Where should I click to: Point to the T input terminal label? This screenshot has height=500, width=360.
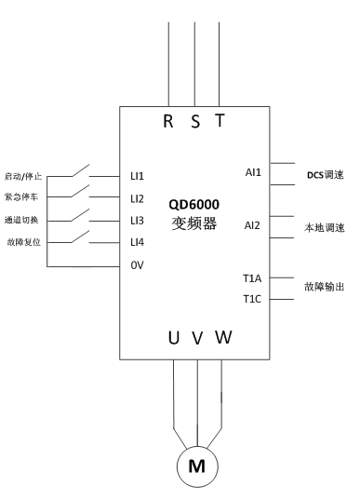[x=219, y=120]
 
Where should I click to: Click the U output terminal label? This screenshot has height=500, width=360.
[x=173, y=337]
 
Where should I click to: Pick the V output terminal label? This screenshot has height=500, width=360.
[x=197, y=338]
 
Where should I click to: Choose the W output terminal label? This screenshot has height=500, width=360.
[x=223, y=337]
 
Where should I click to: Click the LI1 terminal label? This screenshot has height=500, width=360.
[x=137, y=175]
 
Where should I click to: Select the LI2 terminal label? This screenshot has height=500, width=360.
[x=137, y=197]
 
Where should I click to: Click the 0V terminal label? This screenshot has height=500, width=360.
[x=136, y=264]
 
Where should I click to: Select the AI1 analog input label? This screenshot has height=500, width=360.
[x=252, y=173]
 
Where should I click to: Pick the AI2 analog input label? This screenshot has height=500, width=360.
[x=252, y=225]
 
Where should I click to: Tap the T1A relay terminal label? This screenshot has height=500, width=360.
[x=253, y=278]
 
